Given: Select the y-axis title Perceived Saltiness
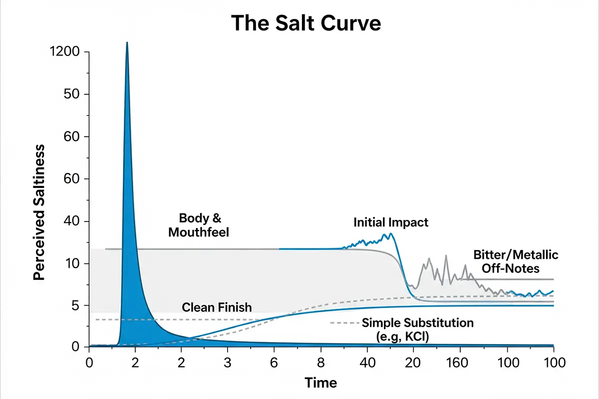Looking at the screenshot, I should (40, 212).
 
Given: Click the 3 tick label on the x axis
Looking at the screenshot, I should (228, 362).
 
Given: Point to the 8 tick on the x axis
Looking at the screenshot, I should (320, 362).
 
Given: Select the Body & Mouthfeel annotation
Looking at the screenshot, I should (199, 225).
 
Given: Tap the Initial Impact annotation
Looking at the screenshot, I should (391, 222).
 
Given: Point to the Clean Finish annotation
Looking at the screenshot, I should (217, 307).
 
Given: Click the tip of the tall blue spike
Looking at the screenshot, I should (127, 43).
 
